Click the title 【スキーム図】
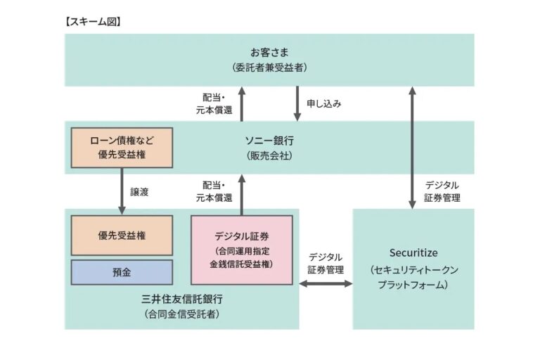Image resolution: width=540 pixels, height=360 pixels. (94, 22)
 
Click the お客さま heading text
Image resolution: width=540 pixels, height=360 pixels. (269, 53)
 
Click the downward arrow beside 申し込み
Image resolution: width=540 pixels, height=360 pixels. (297, 103)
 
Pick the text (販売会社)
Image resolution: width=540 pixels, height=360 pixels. (269, 155)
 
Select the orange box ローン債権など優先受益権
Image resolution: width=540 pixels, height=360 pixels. (122, 148)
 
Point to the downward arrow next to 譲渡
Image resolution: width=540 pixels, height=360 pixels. (122, 191)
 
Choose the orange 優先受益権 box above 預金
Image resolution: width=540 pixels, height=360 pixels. (122, 235)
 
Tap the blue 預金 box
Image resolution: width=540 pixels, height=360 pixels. (122, 272)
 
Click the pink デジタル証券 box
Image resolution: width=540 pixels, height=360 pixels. (241, 250)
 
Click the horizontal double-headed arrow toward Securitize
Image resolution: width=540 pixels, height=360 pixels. (326, 283)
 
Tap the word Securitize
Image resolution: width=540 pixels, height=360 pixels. (413, 252)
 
